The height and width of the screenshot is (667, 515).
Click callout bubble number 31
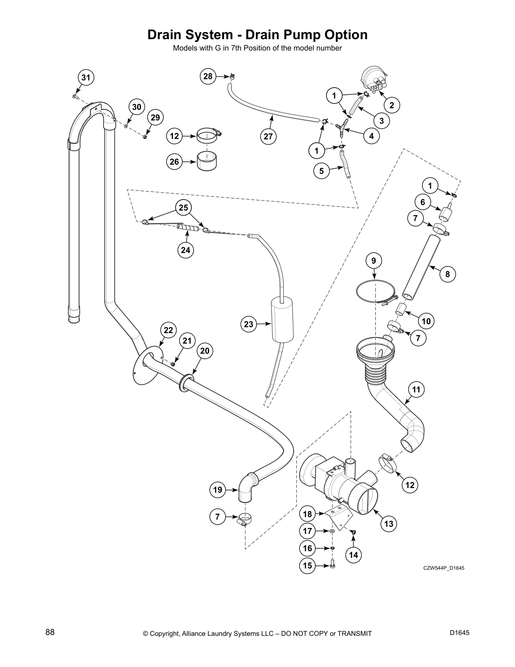point(86,77)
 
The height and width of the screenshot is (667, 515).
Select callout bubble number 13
point(389,523)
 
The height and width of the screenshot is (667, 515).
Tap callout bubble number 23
point(249,324)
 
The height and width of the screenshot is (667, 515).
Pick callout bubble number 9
point(374,261)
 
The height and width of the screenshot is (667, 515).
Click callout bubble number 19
point(217,489)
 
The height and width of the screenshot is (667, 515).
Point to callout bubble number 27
point(268,136)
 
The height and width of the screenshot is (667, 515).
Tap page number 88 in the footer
point(50,632)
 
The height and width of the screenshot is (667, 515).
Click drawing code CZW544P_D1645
point(443,568)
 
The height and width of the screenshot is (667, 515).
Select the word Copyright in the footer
point(166,633)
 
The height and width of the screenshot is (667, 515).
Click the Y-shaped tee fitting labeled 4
point(342,128)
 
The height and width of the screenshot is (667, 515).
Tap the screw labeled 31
point(74,96)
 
